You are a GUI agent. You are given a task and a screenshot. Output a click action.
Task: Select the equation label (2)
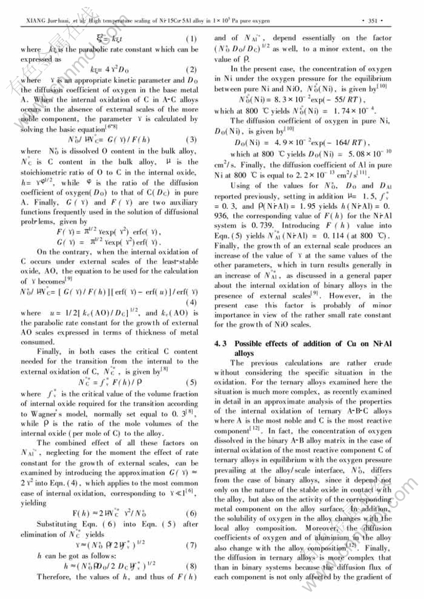[x=193, y=69]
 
